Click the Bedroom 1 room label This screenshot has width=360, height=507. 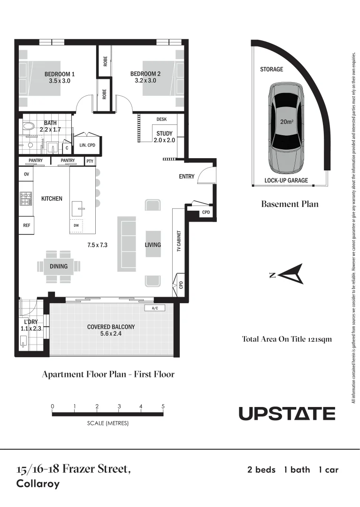point(60,74)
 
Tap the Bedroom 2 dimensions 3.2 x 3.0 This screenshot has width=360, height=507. point(145,81)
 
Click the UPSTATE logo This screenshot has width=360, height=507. point(287,414)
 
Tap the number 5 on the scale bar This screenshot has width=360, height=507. point(163,406)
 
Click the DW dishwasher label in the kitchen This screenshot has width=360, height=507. point(77,226)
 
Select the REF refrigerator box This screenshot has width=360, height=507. point(27,225)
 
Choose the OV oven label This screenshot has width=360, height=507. point(26,174)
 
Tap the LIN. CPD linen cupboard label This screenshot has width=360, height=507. point(87,145)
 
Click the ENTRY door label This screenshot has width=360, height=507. point(186,177)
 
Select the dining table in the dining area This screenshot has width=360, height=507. point(59,266)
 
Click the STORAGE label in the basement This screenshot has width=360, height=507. point(272,69)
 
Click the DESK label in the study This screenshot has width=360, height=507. point(161,119)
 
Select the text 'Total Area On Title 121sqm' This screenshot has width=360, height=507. point(287,338)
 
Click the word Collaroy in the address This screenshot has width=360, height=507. point(38,484)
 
